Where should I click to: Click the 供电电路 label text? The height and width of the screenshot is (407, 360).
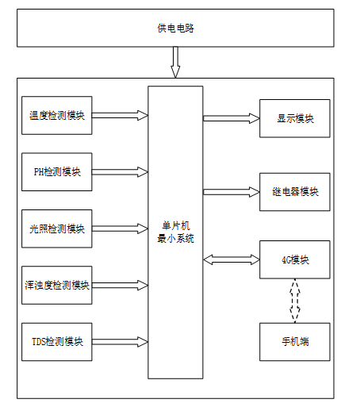click(175, 29)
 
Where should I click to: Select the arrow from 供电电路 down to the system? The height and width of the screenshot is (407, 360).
click(175, 62)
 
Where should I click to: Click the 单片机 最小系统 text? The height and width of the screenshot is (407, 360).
click(175, 232)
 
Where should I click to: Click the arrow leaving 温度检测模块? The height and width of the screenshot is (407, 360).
click(120, 115)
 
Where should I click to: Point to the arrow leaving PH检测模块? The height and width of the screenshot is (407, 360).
click(120, 172)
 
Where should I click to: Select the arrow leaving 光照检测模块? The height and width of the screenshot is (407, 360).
click(120, 228)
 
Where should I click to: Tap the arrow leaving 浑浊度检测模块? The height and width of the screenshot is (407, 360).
click(120, 285)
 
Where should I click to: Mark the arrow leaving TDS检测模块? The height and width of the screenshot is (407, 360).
click(120, 342)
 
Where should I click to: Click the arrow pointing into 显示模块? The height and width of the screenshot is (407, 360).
click(232, 118)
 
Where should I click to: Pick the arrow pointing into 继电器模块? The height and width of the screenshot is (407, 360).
click(232, 192)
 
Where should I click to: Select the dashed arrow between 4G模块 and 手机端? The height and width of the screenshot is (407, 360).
click(295, 301)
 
